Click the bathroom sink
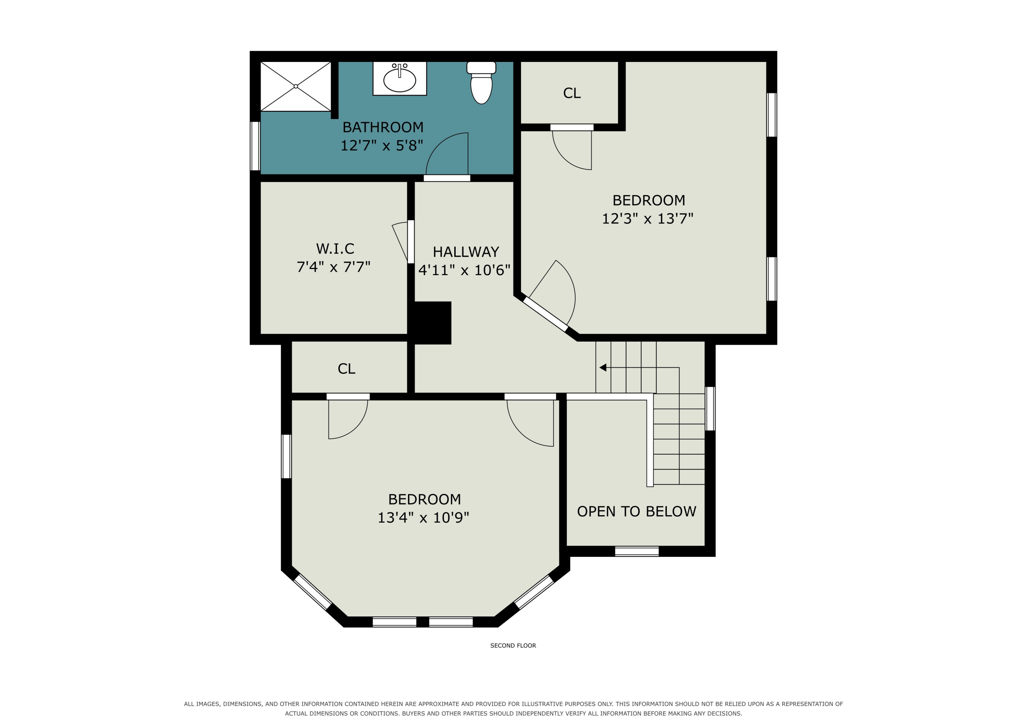tap(400, 79)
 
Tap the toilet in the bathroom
tap(481, 82)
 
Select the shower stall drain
tap(296, 86)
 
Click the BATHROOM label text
tap(383, 127)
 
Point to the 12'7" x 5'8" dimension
tap(382, 145)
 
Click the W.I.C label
tap(335, 249)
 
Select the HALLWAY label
tap(466, 252)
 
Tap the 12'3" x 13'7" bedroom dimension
tap(648, 218)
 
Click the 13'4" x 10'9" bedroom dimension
tap(423, 518)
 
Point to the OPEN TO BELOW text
tap(636, 511)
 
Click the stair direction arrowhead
tap(603, 368)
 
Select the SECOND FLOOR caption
tap(513, 646)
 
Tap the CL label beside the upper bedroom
tap(572, 93)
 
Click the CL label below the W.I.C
tap(346, 369)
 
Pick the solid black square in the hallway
tap(432, 322)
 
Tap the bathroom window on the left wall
tap(255, 146)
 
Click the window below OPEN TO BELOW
tap(636, 551)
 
